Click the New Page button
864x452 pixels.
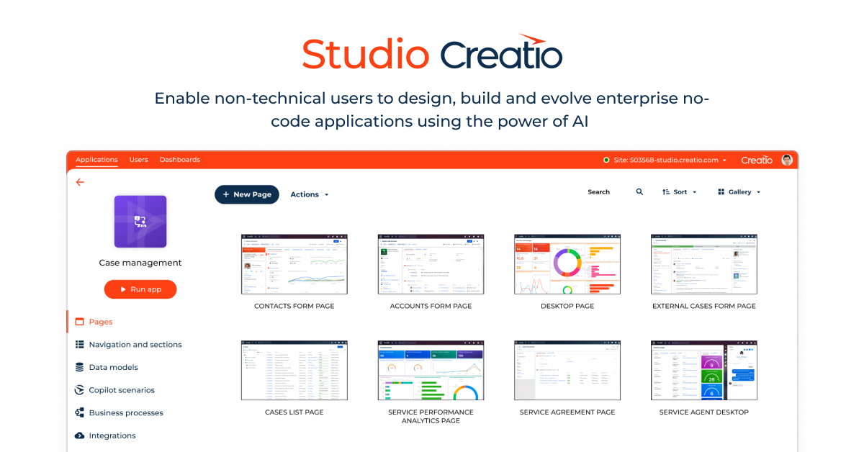246,194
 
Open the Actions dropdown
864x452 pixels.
309,194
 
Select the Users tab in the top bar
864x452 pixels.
138,160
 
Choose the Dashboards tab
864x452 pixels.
179,160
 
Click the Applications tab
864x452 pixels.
96,160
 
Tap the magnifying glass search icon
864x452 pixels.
639,192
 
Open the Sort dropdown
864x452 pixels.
679,192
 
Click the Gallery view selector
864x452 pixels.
739,192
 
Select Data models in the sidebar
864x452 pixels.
113,367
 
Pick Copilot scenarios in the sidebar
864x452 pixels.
121,390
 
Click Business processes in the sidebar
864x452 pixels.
125,413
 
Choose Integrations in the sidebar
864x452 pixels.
112,435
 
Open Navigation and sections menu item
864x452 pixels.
135,345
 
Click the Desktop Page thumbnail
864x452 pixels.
567,264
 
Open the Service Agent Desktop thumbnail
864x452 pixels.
703,371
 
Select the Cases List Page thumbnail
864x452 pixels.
294,371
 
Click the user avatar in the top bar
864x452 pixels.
787,160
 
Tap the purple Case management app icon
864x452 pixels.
140,222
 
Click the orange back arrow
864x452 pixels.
80,182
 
